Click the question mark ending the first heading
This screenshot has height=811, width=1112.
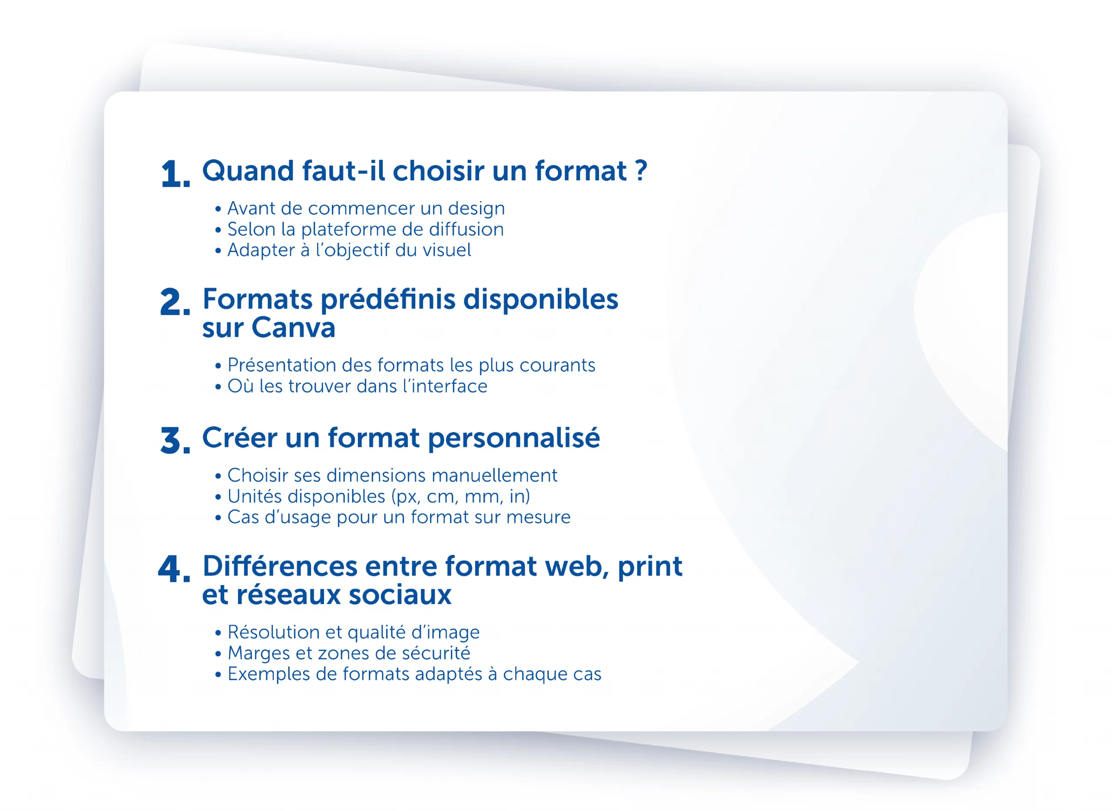641,171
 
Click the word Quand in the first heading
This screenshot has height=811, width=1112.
248,171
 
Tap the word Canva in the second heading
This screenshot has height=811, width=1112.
293,327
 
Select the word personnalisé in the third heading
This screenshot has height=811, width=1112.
513,438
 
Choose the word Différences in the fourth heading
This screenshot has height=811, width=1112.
280,566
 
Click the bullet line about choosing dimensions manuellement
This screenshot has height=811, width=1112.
387,475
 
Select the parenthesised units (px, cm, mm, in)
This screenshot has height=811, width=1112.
461,497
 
